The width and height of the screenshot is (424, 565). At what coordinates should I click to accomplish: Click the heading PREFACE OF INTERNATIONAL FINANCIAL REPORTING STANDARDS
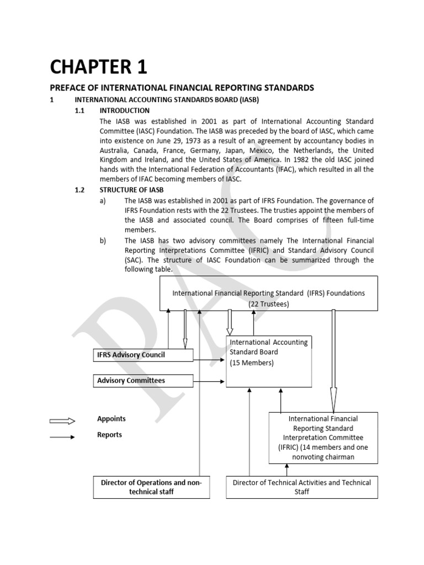click(x=182, y=88)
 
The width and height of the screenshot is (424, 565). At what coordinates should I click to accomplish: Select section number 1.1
click(x=79, y=110)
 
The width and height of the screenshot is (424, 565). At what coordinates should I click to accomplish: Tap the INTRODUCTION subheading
click(x=129, y=110)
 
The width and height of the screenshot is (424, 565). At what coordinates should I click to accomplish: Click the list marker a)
click(x=103, y=201)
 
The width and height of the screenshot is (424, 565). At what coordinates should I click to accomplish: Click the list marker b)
click(x=103, y=241)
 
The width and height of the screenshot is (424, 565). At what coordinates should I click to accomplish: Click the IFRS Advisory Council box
click(x=143, y=355)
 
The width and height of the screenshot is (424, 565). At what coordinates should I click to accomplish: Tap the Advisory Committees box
click(x=143, y=380)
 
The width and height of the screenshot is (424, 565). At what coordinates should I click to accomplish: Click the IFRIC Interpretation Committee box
click(x=324, y=438)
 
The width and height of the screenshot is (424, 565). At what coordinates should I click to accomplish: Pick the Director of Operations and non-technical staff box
click(x=151, y=487)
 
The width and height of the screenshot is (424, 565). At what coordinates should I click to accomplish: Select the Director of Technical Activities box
click(x=302, y=487)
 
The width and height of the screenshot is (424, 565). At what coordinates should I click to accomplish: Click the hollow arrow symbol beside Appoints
click(x=62, y=422)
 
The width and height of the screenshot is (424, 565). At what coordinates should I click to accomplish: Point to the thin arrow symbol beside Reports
click(x=62, y=438)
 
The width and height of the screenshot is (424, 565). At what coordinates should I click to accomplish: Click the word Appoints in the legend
click(x=112, y=419)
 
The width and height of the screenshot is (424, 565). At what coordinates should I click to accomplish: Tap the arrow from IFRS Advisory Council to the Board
click(x=209, y=360)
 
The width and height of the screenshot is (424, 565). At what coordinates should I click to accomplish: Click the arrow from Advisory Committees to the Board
click(x=209, y=381)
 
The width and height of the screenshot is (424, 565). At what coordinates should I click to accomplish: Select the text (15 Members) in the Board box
click(x=252, y=363)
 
